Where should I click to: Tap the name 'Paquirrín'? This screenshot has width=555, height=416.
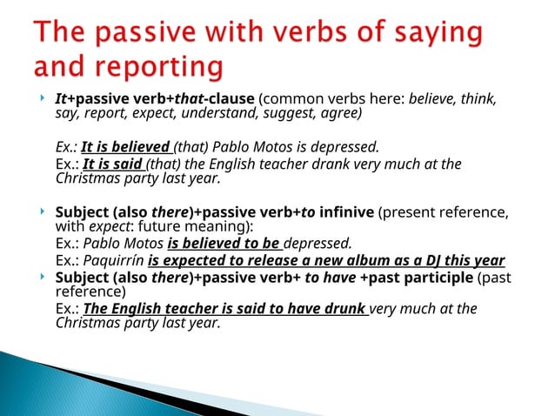(115, 261)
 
